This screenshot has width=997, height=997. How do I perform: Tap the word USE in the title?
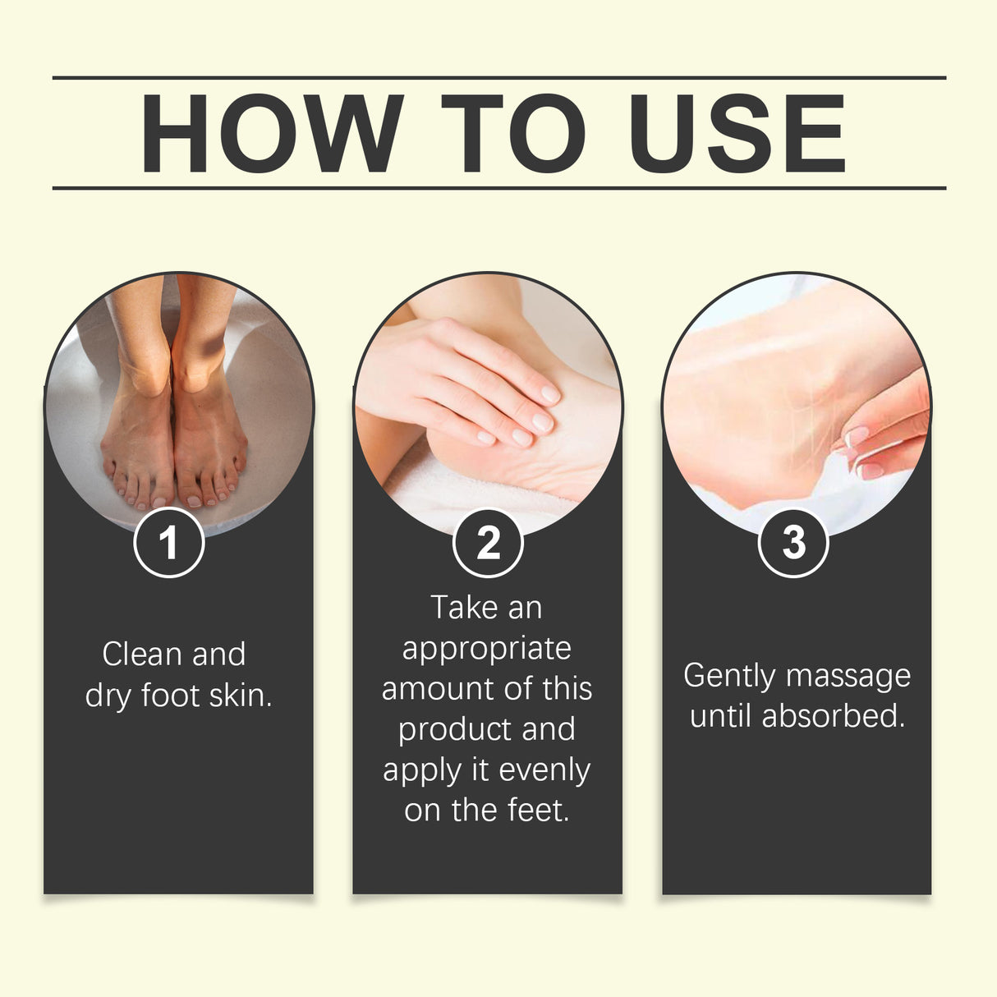[737, 134]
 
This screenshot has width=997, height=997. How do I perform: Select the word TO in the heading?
[513, 134]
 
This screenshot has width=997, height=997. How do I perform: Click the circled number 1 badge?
[168, 542]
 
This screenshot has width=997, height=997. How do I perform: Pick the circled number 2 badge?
[488, 542]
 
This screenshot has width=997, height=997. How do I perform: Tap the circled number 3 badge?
[793, 542]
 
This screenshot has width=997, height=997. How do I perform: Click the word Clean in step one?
[142, 655]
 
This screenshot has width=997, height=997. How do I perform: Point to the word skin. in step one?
[240, 696]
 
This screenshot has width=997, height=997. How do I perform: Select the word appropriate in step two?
[486, 649]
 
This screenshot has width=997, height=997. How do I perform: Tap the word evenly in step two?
[544, 770]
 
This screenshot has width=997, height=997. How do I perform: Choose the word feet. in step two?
[539, 811]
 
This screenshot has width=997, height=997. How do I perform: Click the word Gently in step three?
[729, 676]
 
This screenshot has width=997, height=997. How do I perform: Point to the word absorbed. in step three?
[834, 716]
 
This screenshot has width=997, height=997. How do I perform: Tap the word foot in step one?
[171, 696]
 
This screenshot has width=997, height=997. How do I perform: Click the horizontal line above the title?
[499, 78]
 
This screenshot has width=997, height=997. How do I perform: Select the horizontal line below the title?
[499, 188]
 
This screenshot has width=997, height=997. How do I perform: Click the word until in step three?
[721, 716]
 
